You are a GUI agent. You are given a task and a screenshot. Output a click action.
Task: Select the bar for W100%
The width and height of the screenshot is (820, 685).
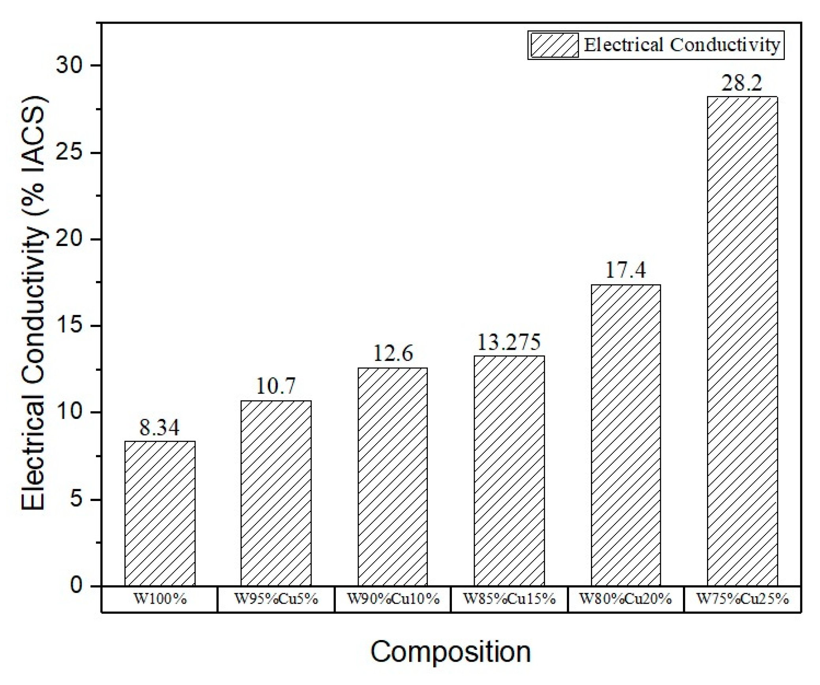pyautogui.click(x=160, y=513)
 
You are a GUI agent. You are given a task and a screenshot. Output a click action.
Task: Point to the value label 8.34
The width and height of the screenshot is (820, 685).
pyautogui.click(x=159, y=428)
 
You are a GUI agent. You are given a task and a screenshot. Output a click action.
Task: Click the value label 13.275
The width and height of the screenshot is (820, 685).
pyautogui.click(x=509, y=342)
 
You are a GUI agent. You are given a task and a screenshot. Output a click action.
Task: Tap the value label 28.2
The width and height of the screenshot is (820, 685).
pyautogui.click(x=742, y=83)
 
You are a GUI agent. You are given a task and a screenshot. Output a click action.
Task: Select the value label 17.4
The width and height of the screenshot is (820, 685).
pyautogui.click(x=625, y=270)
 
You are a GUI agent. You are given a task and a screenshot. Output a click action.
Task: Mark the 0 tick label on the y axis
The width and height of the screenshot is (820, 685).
pyautogui.click(x=76, y=585)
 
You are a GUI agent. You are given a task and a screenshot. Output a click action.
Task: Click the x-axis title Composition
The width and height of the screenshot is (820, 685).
pyautogui.click(x=450, y=652)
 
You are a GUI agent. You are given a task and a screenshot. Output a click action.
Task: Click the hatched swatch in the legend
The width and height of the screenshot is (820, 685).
pyautogui.click(x=554, y=45)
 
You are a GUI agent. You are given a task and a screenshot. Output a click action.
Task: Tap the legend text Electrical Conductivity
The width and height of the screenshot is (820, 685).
pyautogui.click(x=682, y=45)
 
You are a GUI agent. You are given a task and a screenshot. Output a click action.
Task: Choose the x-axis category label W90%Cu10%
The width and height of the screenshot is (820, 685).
pyautogui.click(x=393, y=599)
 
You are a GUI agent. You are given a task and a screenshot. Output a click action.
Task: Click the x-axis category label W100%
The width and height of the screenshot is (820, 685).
pyautogui.click(x=160, y=599)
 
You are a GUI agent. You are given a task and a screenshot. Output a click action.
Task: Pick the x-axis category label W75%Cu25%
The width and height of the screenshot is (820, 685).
pyautogui.click(x=742, y=599)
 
